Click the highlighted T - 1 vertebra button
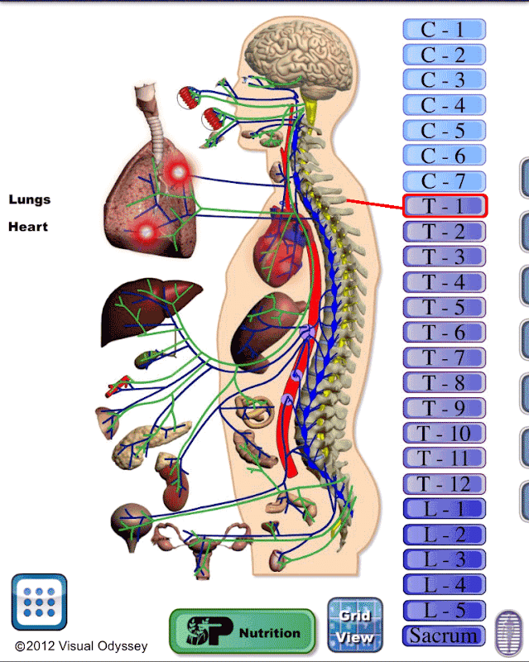pos(445,206)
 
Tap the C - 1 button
pos(444,30)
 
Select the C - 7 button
pos(444,180)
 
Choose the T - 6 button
pos(444,333)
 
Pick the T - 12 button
pos(444,484)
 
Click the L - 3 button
pos(444,559)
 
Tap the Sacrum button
pos(444,636)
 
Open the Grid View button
pos(355,626)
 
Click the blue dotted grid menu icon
pos(39,602)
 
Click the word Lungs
pos(30,199)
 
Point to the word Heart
pos(28,226)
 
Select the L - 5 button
pos(444,610)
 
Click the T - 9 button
pos(444,408)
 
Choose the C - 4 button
pos(444,105)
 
